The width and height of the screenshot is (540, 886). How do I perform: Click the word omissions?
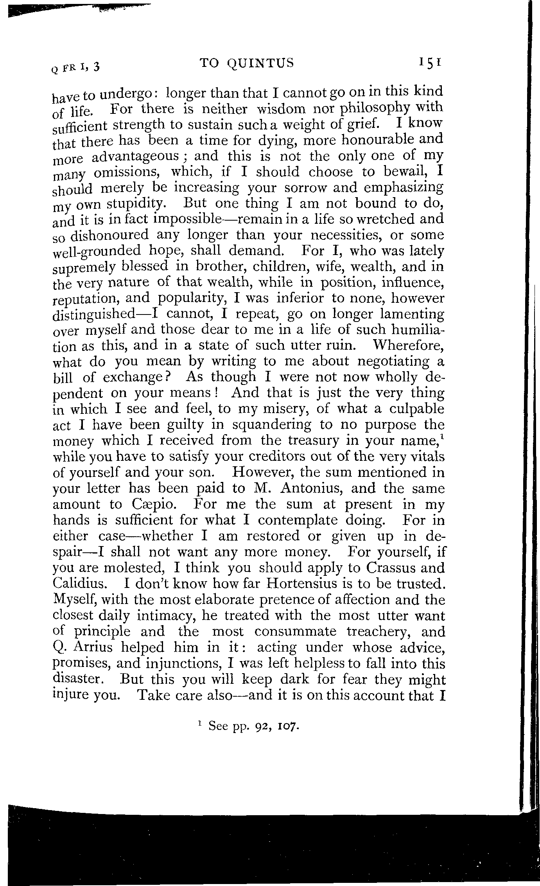[126, 173]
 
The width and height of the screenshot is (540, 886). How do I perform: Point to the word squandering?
[267, 425]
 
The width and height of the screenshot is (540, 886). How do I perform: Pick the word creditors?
[271, 457]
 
